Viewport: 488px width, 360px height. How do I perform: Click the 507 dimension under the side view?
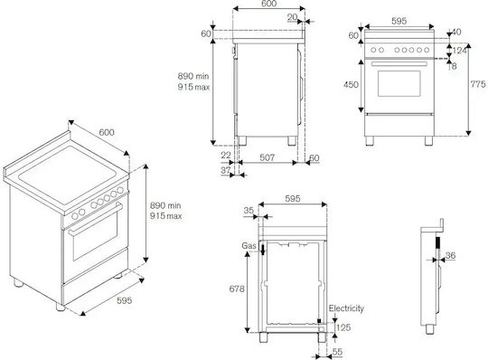pyautogui.click(x=267, y=157)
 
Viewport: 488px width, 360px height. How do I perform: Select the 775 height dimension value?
pyautogui.click(x=478, y=84)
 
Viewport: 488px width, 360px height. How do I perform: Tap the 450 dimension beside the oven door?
pyautogui.click(x=351, y=84)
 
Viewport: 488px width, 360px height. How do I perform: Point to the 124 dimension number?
pyautogui.click(x=460, y=50)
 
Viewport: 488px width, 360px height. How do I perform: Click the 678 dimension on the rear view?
pyautogui.click(x=237, y=289)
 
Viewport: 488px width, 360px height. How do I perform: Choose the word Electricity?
pyautogui.click(x=346, y=308)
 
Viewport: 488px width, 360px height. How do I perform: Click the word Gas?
pyautogui.click(x=249, y=246)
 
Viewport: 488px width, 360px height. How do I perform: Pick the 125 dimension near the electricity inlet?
pyautogui.click(x=343, y=327)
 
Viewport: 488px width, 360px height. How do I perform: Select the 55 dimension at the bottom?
pyautogui.click(x=337, y=352)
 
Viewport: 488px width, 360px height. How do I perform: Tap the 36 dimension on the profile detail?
pyautogui.click(x=450, y=256)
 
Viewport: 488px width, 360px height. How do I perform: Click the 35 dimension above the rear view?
pyautogui.click(x=249, y=211)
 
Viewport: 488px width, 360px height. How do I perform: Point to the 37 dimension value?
pyautogui.click(x=226, y=170)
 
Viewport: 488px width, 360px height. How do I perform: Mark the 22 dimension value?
pyautogui.click(x=226, y=155)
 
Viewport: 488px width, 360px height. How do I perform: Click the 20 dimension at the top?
pyautogui.click(x=292, y=17)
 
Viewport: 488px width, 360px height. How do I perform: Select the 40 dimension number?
pyautogui.click(x=456, y=32)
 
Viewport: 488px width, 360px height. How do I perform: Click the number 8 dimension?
pyautogui.click(x=454, y=66)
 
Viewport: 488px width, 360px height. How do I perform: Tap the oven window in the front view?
pyautogui.click(x=399, y=83)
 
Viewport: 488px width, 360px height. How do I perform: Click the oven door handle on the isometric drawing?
pyautogui.click(x=95, y=219)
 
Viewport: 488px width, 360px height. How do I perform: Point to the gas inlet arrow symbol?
pyautogui.click(x=263, y=250)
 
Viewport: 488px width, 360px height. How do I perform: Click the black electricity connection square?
pyautogui.click(x=319, y=321)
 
